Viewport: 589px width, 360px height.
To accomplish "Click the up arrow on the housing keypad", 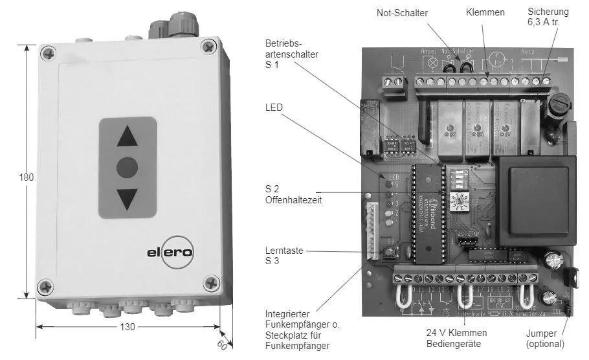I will click(x=128, y=137).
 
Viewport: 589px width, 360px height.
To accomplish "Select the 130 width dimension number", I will click(x=128, y=327).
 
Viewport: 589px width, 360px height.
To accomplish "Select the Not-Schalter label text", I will click(x=402, y=12).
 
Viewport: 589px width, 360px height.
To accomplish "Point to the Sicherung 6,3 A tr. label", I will click(x=548, y=17).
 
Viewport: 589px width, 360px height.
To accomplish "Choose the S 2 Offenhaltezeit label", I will click(x=293, y=194).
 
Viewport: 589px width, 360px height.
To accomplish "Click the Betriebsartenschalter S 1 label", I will click(x=291, y=54).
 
